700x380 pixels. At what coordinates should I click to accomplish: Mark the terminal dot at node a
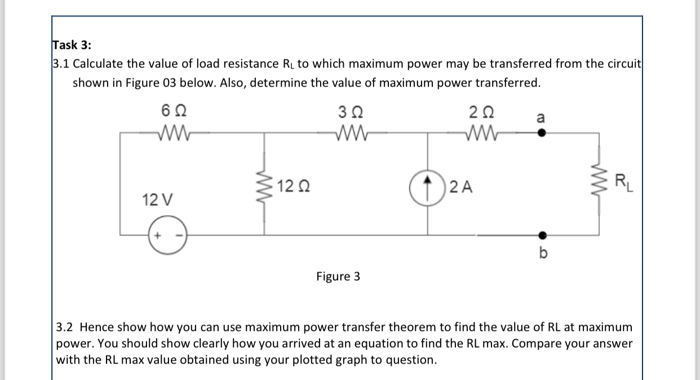point(541,134)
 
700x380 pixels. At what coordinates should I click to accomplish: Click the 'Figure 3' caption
point(338,276)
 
